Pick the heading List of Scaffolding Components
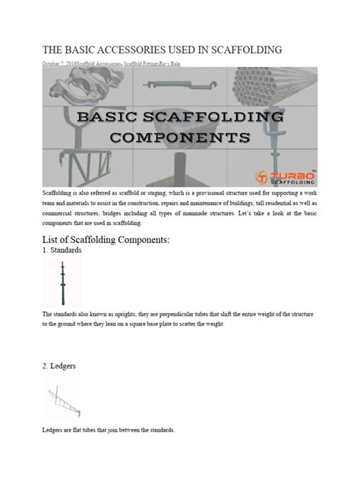pos(109,241)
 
